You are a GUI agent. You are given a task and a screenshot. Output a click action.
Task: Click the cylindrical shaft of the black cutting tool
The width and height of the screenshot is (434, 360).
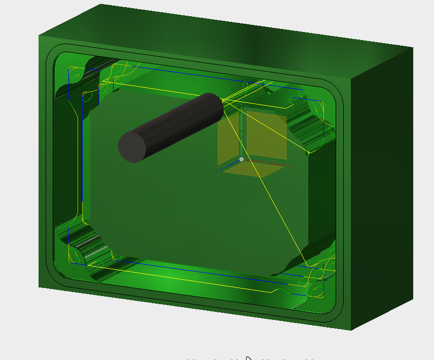point(177,122)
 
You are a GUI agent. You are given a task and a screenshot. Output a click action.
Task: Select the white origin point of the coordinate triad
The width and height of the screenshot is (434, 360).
point(241,159)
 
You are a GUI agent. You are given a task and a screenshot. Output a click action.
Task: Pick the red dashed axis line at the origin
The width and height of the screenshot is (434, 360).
point(269,164)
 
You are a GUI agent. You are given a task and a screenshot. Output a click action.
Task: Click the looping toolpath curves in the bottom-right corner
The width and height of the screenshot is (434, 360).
point(317,276)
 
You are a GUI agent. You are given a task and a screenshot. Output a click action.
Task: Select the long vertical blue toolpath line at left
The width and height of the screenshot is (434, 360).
point(83,152)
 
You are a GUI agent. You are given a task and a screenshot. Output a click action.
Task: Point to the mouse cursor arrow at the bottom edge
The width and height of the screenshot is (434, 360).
point(248,358)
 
